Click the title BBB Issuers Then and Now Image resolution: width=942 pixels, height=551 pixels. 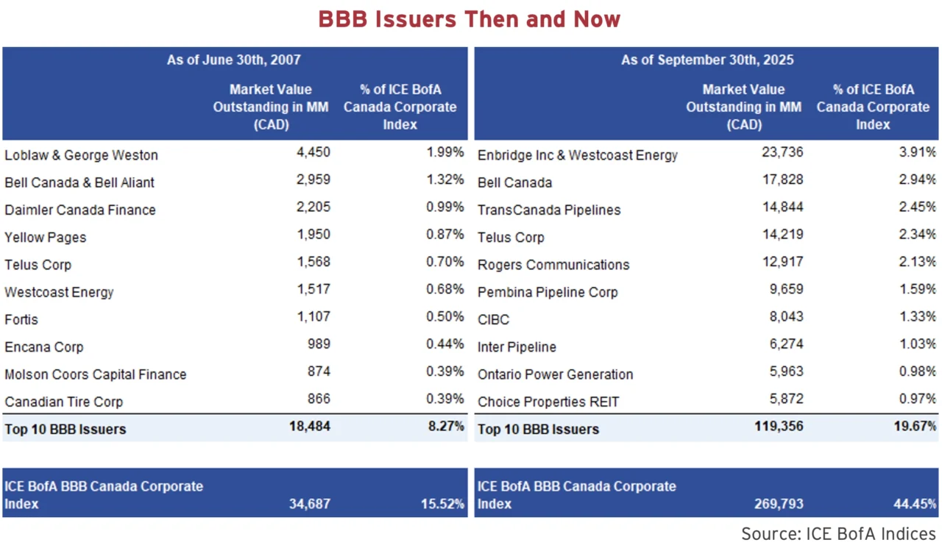[470, 19]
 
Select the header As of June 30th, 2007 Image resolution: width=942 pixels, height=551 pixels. [234, 60]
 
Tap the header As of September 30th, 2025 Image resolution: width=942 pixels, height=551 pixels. [707, 60]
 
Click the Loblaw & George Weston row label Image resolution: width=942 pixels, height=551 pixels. [81, 155]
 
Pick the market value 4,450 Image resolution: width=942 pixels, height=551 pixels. [313, 152]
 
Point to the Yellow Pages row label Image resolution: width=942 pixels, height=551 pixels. [46, 238]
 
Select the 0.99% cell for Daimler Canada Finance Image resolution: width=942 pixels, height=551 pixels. [445, 207]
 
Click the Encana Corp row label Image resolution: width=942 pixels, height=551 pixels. [44, 347]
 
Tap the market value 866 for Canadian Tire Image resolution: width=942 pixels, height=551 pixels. [319, 399]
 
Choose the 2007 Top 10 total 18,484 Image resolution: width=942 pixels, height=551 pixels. [309, 427]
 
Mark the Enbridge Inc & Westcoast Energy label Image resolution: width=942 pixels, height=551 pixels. [578, 155]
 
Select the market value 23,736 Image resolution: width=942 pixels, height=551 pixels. [782, 152]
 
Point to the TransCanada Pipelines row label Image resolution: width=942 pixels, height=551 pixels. [549, 210]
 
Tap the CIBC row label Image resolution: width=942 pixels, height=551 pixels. [493, 320]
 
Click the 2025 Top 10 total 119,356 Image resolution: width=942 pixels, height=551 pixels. [777, 427]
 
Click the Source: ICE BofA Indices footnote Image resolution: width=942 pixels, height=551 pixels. [838, 533]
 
